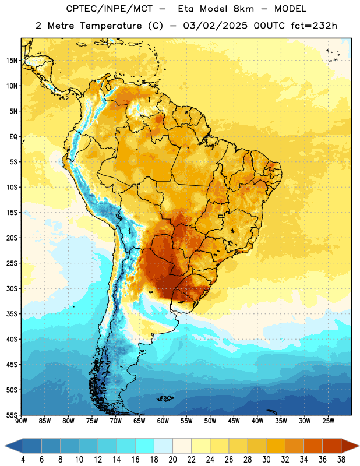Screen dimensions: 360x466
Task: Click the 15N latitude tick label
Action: pos(12,61)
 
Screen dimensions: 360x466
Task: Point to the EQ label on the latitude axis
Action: pos(13,137)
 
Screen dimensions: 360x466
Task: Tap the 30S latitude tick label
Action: pos(12,288)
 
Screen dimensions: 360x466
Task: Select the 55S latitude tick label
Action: pos(12,415)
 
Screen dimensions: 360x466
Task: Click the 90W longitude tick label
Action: pos(22,421)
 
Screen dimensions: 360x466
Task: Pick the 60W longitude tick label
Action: pos(163,421)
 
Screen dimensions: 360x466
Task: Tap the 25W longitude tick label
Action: pos(328,421)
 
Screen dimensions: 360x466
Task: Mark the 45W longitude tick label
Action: pos(234,421)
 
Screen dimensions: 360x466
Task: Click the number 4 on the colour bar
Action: pos(23,460)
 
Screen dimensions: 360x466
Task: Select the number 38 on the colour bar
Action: pos(341,460)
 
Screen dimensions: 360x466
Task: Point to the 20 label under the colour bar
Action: pos(172,460)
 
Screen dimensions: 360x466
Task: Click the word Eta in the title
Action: pos(185,9)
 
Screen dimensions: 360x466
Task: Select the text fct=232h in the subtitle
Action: pos(314,26)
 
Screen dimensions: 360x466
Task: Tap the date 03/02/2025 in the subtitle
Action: pos(215,26)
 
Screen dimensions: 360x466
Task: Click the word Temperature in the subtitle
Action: pos(111,26)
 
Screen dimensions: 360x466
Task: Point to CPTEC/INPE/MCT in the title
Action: pos(110,9)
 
